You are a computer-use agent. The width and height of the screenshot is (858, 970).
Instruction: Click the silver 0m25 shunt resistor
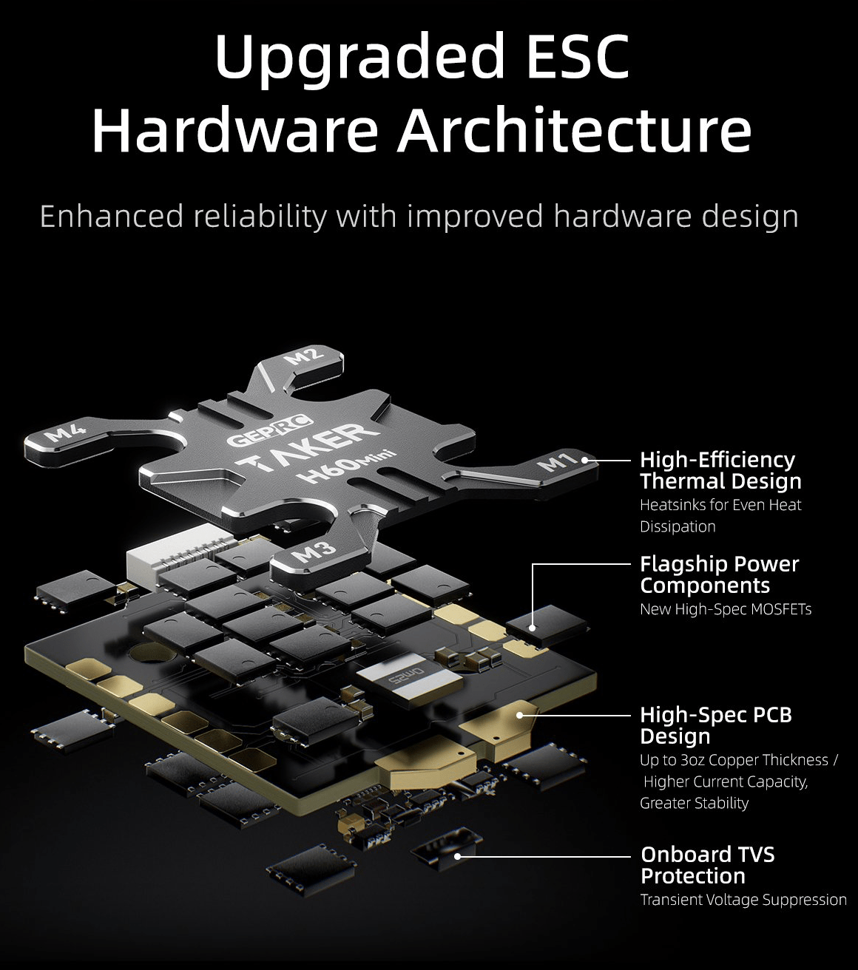pyautogui.click(x=410, y=683)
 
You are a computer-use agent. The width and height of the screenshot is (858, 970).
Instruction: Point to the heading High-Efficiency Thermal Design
pyautogui.click(x=720, y=471)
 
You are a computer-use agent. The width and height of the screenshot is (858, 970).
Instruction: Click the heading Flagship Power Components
pyautogui.click(x=719, y=574)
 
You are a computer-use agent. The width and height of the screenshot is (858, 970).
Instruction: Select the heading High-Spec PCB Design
pyautogui.click(x=716, y=725)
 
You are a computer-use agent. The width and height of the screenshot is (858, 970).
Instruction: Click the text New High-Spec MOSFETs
pyautogui.click(x=726, y=609)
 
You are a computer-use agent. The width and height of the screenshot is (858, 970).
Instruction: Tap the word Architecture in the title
pyautogui.click(x=574, y=130)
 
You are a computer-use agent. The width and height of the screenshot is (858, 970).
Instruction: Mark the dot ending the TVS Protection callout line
pyautogui.click(x=458, y=856)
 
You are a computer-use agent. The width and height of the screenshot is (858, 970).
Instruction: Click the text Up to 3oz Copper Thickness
pyautogui.click(x=734, y=760)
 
